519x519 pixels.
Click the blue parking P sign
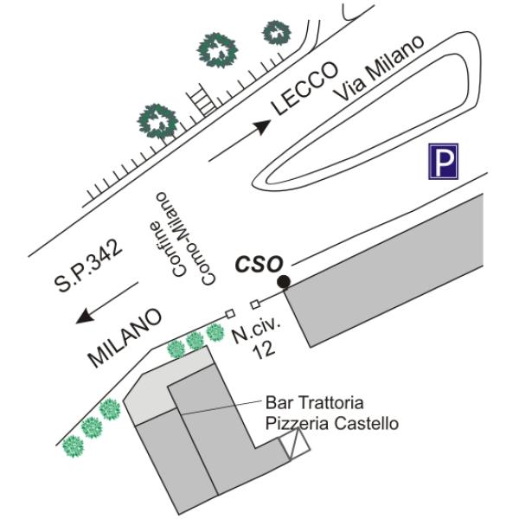click(443, 161)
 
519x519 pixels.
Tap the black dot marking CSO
click(284, 282)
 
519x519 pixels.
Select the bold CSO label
click(259, 265)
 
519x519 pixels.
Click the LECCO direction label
click(304, 88)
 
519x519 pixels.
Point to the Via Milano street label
click(379, 67)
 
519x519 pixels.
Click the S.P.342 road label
click(88, 266)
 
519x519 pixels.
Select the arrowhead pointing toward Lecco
click(263, 126)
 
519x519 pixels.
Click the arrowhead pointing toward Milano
click(85, 316)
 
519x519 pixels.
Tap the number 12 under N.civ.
click(264, 350)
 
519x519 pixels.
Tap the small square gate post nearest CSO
click(255, 304)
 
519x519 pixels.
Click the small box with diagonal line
click(294, 445)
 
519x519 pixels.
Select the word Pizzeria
click(298, 423)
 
